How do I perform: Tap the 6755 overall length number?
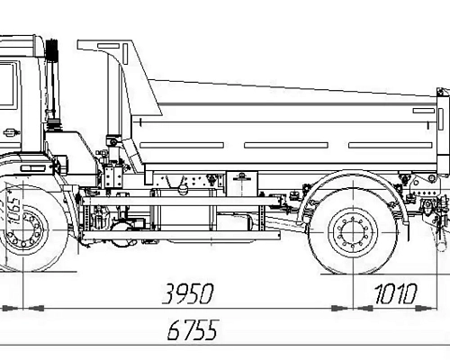click(x=192, y=331)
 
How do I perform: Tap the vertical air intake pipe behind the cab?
click(x=51, y=90)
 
